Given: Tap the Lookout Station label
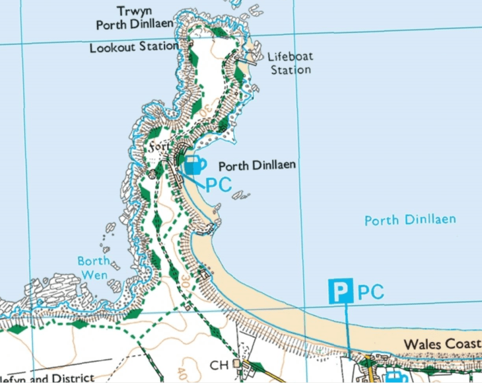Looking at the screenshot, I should pos(134,47).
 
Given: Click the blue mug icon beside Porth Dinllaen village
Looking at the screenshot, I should pos(194,165).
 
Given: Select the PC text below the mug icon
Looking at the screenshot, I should pos(219,185).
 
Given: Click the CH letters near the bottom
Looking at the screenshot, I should pos(219,364).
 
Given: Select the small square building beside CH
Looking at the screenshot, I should pos(235,364).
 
